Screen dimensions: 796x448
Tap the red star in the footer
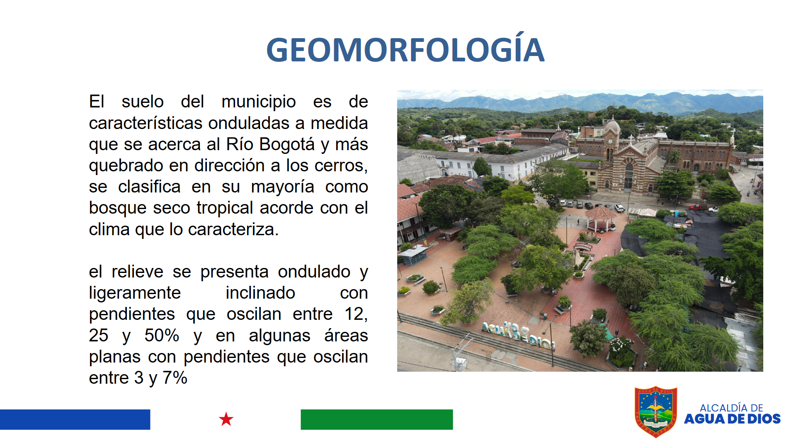tap(226, 419)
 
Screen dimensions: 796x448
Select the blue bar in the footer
tap(75, 419)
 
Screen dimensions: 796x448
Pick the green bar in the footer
tap(376, 419)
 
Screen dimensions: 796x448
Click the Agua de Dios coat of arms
tap(656, 411)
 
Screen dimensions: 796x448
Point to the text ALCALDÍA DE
tap(731, 408)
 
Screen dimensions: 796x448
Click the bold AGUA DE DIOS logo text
tap(732, 419)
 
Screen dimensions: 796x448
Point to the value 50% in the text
tap(162, 335)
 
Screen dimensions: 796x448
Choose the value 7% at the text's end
tap(175, 378)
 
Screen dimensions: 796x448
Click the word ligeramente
tap(135, 293)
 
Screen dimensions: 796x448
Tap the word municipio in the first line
tap(259, 102)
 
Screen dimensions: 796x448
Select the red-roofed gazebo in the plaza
tap(600, 219)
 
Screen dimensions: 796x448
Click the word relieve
tap(138, 272)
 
